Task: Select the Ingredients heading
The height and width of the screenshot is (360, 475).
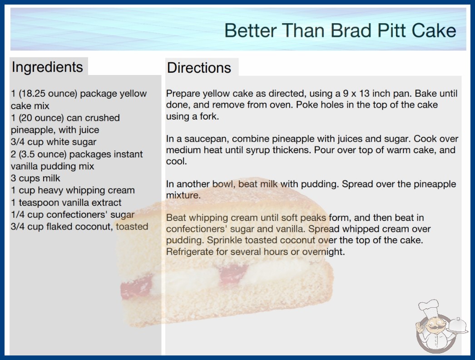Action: click(47, 67)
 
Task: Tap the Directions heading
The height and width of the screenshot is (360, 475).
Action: click(199, 68)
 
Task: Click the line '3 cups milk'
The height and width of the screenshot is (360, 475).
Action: click(35, 178)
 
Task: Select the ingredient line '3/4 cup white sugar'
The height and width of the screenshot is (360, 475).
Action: click(54, 142)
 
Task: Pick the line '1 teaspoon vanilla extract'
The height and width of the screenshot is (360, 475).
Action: click(66, 202)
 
